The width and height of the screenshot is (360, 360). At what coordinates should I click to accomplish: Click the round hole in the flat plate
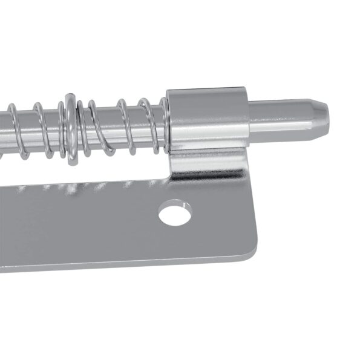(176, 214)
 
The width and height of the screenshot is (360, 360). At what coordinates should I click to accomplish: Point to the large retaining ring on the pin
(71, 129)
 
